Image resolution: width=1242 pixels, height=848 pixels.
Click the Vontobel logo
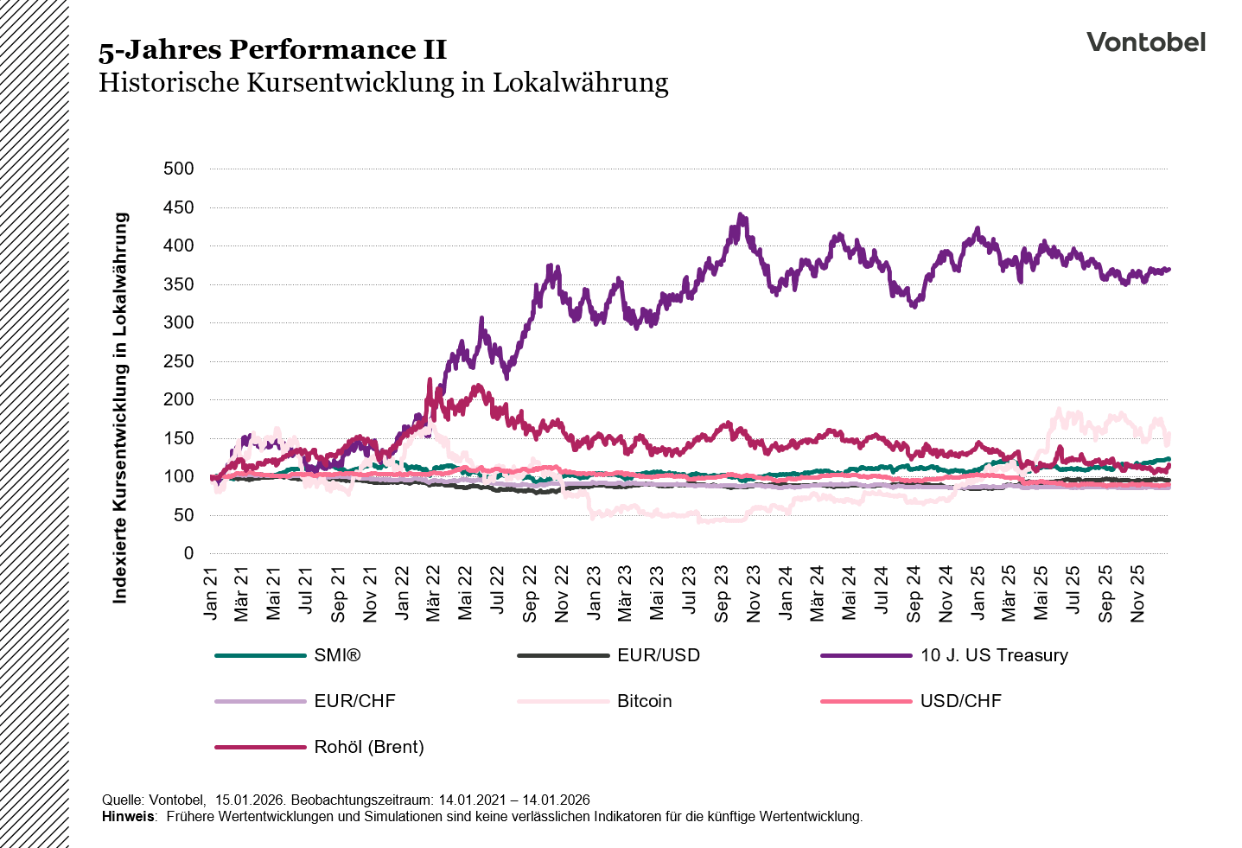(1145, 42)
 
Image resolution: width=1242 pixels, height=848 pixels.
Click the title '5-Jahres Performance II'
(272, 50)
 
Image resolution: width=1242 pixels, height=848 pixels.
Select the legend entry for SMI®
(337, 655)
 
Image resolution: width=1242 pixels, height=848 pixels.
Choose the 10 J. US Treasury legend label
(994, 655)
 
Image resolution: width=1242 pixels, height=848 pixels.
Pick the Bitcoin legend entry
(644, 701)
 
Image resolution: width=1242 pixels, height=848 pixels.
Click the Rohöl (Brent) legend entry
(369, 747)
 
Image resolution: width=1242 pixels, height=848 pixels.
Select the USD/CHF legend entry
(960, 701)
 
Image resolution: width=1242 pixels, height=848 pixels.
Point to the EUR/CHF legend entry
(354, 701)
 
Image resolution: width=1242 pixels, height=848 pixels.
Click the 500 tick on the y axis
(179, 169)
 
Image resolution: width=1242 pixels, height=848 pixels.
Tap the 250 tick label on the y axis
(179, 361)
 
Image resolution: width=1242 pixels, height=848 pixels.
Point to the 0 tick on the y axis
(188, 554)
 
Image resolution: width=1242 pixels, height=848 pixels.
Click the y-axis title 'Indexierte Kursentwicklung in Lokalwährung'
(120, 408)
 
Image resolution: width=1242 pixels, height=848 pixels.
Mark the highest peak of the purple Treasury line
(741, 215)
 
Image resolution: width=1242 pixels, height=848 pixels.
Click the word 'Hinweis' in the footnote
(127, 816)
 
